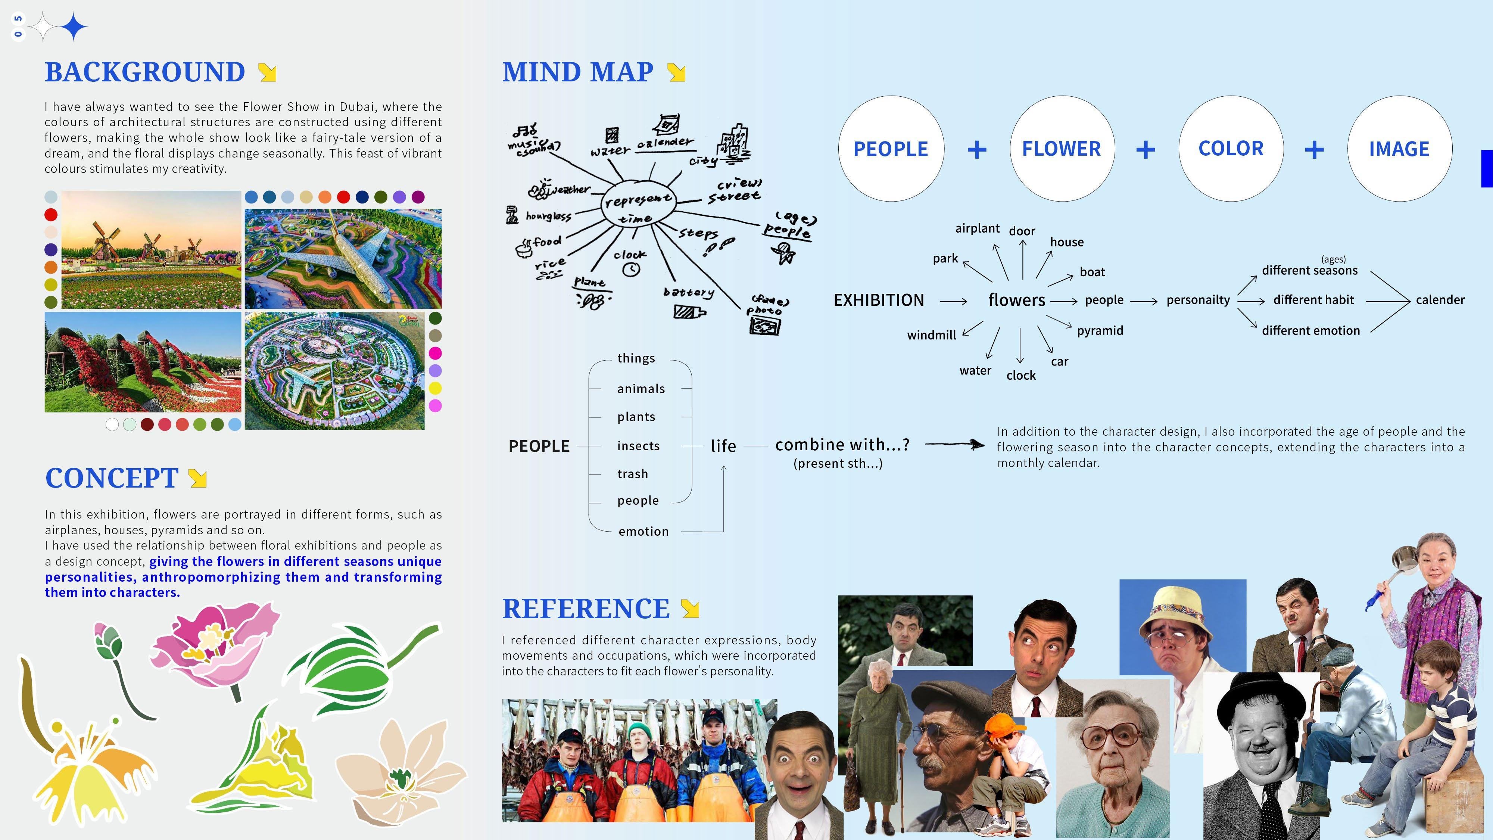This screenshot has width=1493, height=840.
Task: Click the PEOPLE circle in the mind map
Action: [891, 149]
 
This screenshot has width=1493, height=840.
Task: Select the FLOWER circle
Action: [1061, 149]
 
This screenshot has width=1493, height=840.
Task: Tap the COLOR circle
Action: [1231, 149]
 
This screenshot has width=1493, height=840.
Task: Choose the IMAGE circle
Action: [1399, 149]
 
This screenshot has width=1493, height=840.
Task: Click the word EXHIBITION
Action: [879, 300]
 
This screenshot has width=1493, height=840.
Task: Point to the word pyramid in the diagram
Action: [1100, 330]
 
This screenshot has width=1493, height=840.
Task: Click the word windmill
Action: [931, 335]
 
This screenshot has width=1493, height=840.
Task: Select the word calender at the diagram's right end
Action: [1440, 300]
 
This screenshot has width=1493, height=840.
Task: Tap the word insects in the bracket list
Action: [638, 446]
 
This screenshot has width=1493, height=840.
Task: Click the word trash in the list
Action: [632, 474]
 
